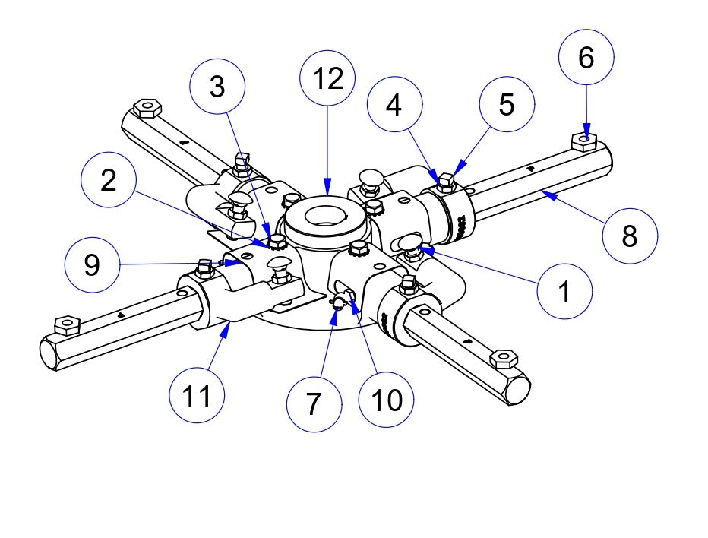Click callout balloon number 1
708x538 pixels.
coord(564,292)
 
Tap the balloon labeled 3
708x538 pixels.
coord(217,88)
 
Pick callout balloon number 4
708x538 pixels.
coord(394,106)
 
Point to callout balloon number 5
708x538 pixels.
coord(507,106)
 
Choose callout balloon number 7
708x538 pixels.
coord(314,403)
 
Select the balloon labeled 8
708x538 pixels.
coord(630,236)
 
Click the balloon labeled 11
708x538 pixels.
coord(197,395)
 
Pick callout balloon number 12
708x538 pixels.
coord(327,78)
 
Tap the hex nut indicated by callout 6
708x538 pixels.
coord(583,139)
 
